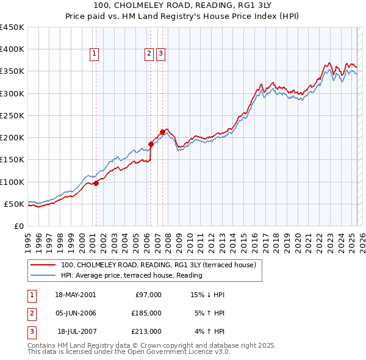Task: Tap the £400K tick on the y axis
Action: (x=12, y=49)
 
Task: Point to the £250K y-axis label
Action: (x=12, y=115)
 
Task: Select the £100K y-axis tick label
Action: (x=12, y=182)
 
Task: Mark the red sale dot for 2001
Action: (x=96, y=183)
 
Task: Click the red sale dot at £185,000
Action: (x=151, y=145)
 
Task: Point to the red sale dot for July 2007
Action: (x=162, y=132)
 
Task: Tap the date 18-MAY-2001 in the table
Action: (x=75, y=295)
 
